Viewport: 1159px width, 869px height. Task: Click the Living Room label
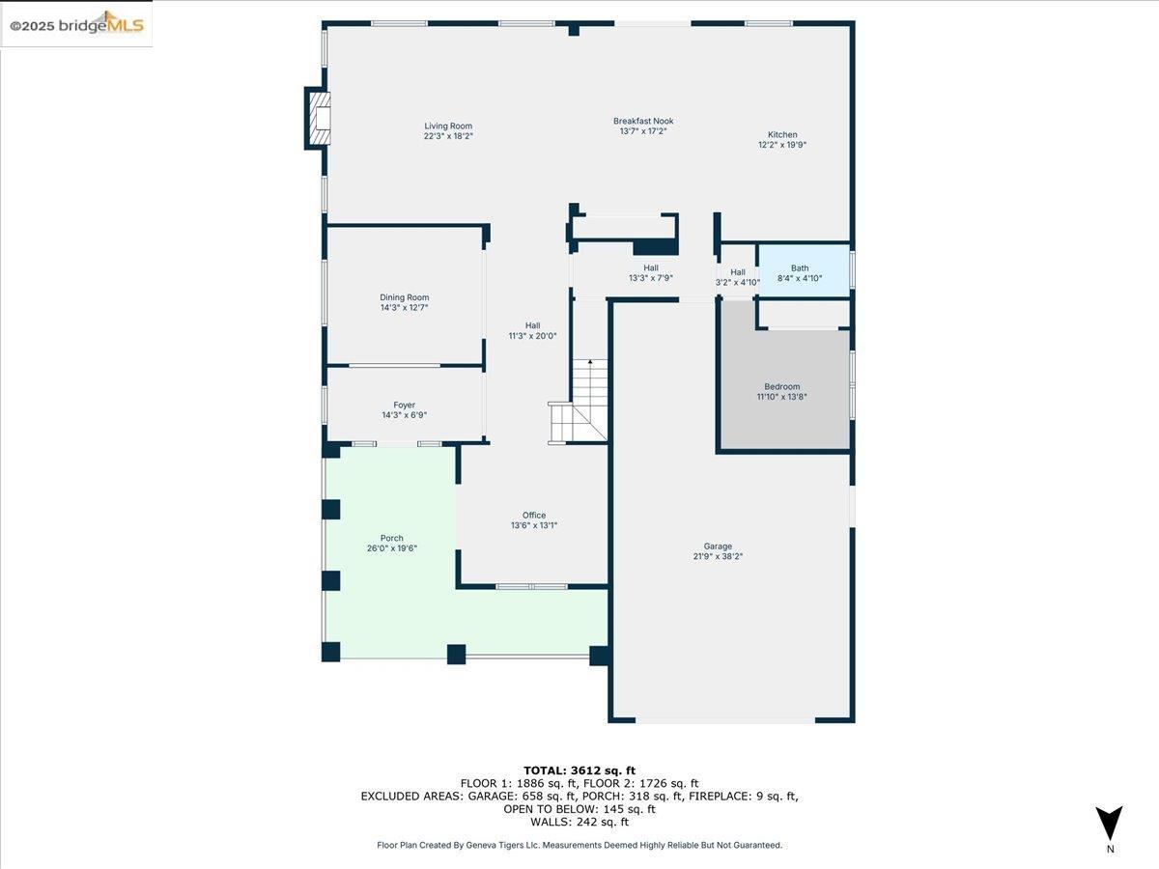click(x=448, y=126)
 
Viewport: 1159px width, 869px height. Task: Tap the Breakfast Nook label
click(x=643, y=121)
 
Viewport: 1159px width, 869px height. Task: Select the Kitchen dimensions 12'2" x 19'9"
click(x=782, y=145)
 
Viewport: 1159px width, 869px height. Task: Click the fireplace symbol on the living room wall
click(x=319, y=118)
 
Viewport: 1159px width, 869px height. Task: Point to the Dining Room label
click(x=404, y=297)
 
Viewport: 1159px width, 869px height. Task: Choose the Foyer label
click(x=404, y=406)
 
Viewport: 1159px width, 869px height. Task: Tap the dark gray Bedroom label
click(x=782, y=386)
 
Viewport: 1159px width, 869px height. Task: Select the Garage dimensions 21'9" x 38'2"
click(x=718, y=556)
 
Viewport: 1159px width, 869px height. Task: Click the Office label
click(x=534, y=515)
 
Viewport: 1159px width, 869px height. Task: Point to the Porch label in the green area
click(x=391, y=538)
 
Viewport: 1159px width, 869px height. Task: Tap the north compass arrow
click(x=1110, y=823)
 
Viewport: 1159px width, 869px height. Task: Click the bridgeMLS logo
click(x=77, y=25)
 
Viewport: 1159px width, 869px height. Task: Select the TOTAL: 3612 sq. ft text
click(x=579, y=770)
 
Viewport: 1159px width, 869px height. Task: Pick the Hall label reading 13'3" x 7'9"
click(x=651, y=278)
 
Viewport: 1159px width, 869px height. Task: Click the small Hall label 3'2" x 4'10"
click(x=738, y=282)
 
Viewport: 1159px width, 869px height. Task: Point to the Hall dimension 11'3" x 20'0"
click(x=533, y=336)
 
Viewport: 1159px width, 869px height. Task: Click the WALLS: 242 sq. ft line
click(x=579, y=822)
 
